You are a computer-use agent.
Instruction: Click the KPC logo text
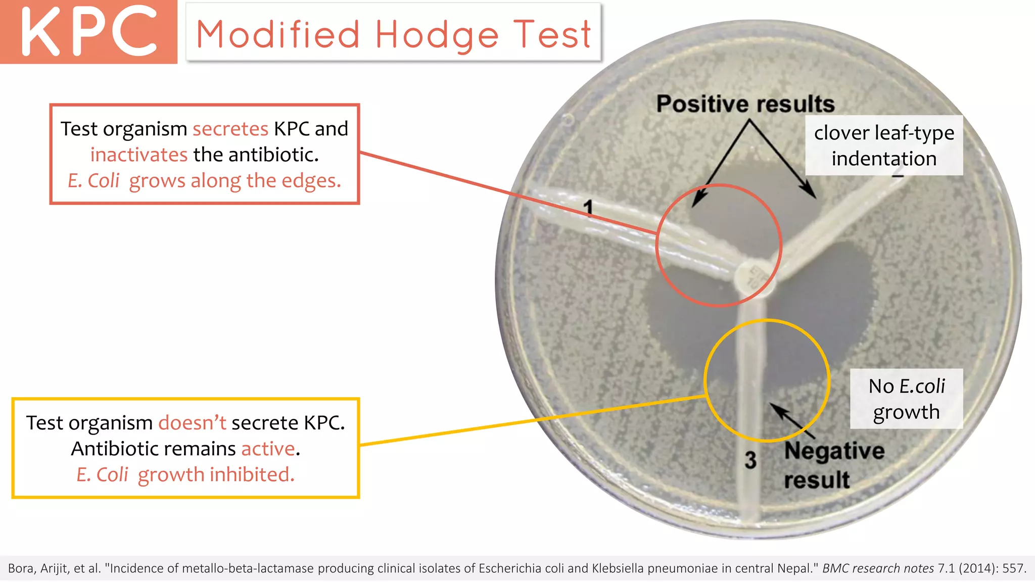coord(89,31)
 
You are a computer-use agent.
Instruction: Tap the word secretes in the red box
coord(230,129)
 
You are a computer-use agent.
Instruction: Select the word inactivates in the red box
coord(139,155)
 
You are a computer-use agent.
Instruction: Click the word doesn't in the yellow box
coord(192,423)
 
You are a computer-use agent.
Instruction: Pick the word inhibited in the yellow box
coord(252,475)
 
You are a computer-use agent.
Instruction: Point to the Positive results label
coord(745,104)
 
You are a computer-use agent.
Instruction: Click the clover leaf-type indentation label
coord(884,145)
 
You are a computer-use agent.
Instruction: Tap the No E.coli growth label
coord(906,399)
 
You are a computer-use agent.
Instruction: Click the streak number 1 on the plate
coord(588,207)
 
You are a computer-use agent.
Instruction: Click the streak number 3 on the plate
coord(750,460)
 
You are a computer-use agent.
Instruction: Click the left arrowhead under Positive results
coord(696,202)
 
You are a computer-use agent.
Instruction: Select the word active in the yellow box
coord(268,449)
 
